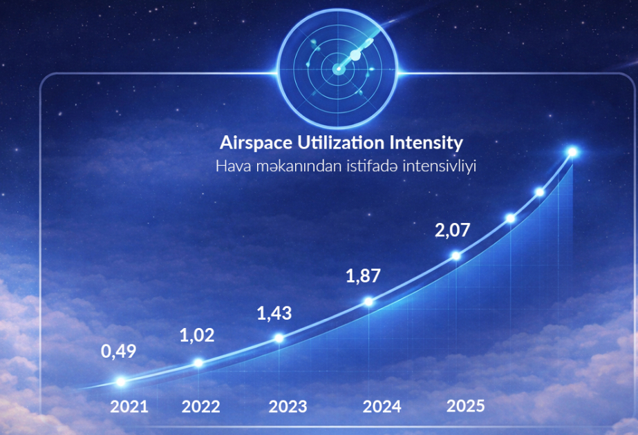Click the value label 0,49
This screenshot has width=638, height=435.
click(x=119, y=351)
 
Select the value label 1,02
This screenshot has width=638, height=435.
click(x=197, y=336)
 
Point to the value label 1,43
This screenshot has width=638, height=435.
click(x=274, y=313)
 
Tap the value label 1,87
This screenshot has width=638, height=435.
click(x=363, y=276)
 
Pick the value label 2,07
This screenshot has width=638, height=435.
click(x=453, y=229)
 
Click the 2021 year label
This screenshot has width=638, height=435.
click(x=129, y=406)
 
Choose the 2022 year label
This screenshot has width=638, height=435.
click(x=201, y=406)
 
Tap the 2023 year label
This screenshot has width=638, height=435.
click(x=288, y=406)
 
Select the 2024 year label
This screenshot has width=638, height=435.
click(x=382, y=406)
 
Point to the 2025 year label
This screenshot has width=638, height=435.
click(x=466, y=405)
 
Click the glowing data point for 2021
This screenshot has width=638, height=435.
click(x=121, y=381)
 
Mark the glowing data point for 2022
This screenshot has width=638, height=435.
click(x=198, y=362)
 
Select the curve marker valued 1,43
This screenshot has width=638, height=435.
click(x=279, y=338)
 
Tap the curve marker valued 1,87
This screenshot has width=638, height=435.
click(x=368, y=302)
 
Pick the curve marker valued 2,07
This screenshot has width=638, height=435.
click(x=456, y=255)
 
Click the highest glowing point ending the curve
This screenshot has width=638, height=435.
click(x=572, y=152)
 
